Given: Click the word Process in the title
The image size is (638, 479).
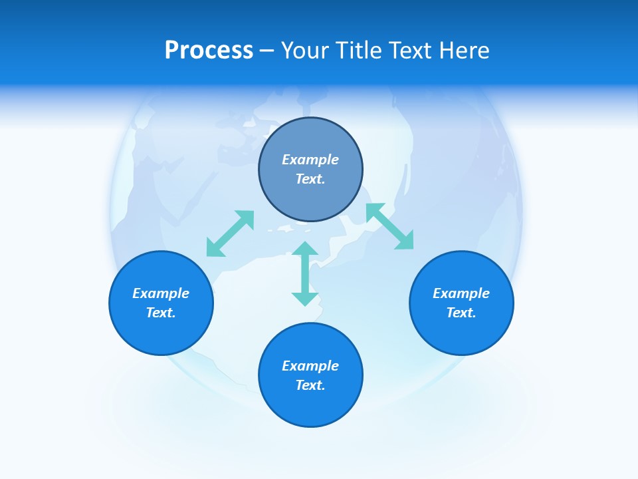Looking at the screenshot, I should (209, 51).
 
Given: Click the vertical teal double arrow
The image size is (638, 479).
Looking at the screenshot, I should (305, 273).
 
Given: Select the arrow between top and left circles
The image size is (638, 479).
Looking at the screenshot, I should (230, 234).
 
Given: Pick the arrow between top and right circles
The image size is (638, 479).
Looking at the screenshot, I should (389, 226).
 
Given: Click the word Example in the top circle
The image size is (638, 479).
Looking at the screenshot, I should (310, 160).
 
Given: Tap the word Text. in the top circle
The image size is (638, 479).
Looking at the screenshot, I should (310, 179).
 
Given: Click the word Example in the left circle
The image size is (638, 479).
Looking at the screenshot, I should (161, 293).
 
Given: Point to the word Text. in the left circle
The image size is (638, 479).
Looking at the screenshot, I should (161, 313).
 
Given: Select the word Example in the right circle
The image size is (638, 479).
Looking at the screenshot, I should (461, 293).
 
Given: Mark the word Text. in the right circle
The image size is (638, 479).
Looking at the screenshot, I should (461, 313).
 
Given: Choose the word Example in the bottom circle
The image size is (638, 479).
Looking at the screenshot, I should (310, 366).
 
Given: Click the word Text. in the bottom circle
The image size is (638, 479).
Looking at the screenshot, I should (310, 385).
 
